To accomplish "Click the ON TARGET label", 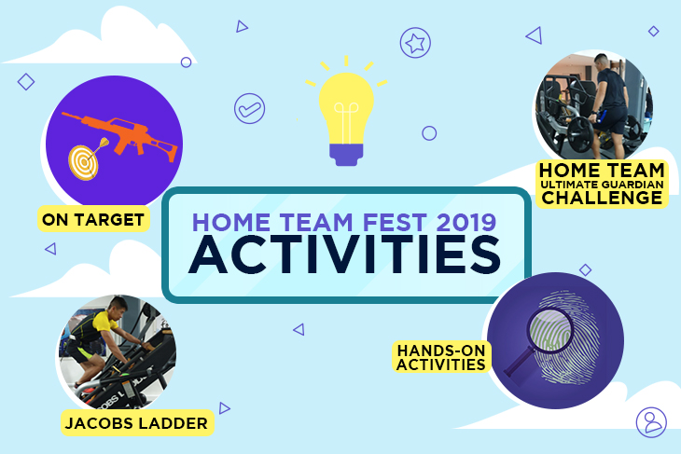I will (92, 220).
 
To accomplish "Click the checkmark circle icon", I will (248, 108).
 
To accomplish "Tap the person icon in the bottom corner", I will (651, 421).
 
